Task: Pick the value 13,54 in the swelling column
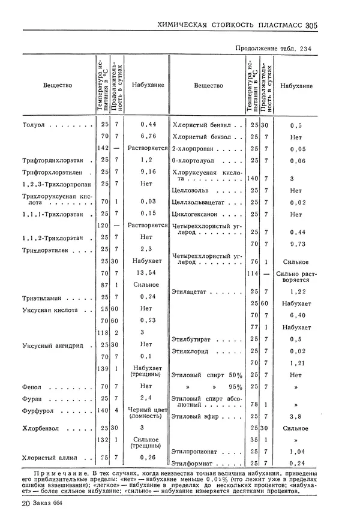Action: [148, 273]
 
